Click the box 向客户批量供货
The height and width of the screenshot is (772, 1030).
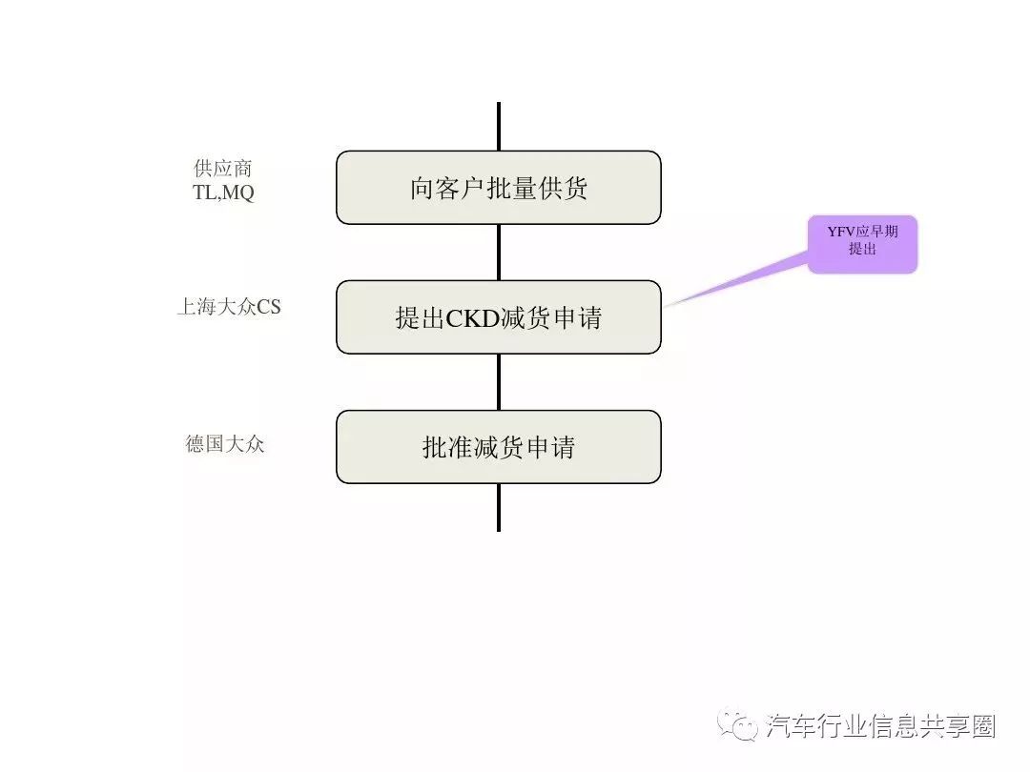[x=499, y=188]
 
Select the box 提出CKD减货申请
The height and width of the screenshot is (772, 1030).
[x=499, y=317]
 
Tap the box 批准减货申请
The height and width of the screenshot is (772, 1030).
[x=499, y=447]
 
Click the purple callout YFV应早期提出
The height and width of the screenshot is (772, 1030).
[x=862, y=244]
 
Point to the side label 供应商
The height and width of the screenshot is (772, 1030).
[x=223, y=169]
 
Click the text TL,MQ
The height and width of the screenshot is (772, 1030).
[x=223, y=193]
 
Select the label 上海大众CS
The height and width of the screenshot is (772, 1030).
[x=229, y=307]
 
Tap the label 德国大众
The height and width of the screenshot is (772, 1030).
[x=225, y=444]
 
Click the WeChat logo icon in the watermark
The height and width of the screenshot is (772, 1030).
[x=737, y=724]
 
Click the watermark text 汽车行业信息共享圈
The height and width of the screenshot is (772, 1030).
[x=880, y=726]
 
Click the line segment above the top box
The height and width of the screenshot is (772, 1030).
[x=499, y=127]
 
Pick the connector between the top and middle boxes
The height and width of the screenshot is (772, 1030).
[x=499, y=253]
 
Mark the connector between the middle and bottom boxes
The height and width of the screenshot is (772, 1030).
[x=499, y=382]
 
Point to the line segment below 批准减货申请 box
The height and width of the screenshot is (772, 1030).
[x=499, y=507]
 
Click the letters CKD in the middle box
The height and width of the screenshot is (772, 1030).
[x=473, y=318]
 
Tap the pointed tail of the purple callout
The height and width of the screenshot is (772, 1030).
[x=665, y=307]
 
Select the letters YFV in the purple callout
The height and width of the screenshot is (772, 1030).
[x=841, y=232]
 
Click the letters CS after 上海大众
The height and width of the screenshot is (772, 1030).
[x=268, y=307]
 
